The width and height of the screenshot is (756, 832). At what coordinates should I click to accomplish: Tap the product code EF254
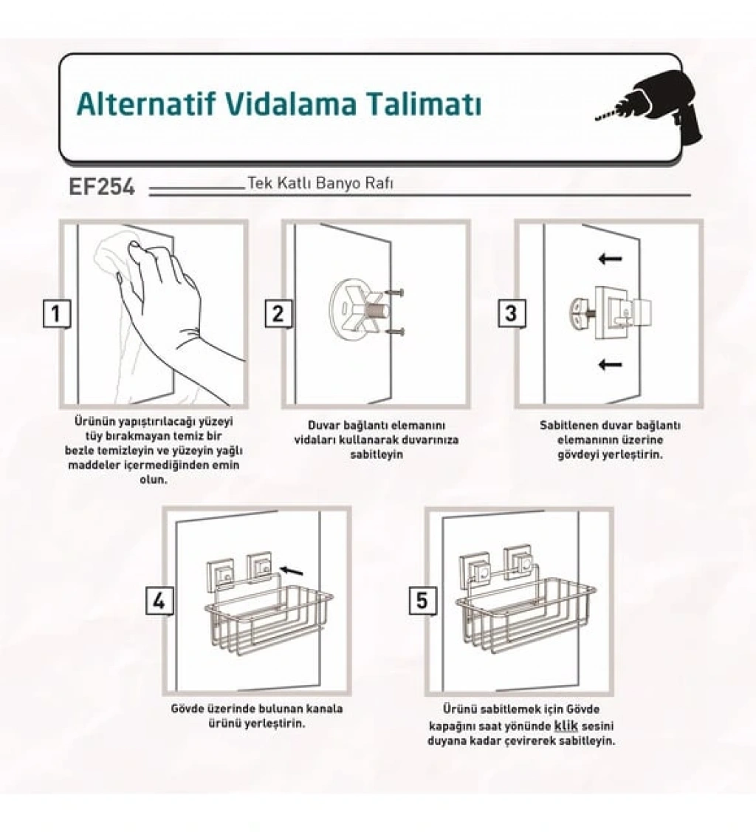click(102, 187)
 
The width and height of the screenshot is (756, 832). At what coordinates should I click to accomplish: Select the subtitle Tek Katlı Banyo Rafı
click(320, 183)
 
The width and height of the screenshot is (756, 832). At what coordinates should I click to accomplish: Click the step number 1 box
click(57, 313)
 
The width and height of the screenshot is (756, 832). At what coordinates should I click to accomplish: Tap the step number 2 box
click(278, 313)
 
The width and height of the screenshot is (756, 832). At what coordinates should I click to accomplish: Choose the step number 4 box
click(159, 601)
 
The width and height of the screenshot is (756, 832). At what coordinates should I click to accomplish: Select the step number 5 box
click(422, 601)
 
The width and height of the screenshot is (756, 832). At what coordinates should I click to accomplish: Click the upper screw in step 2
click(394, 293)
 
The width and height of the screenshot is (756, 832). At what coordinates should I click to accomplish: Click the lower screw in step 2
click(394, 333)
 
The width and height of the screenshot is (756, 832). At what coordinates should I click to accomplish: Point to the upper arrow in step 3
click(610, 259)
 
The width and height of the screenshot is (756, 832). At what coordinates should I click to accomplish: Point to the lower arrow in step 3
click(610, 364)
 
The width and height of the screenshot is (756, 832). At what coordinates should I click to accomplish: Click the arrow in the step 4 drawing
click(292, 570)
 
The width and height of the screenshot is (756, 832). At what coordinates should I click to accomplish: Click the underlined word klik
click(566, 726)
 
